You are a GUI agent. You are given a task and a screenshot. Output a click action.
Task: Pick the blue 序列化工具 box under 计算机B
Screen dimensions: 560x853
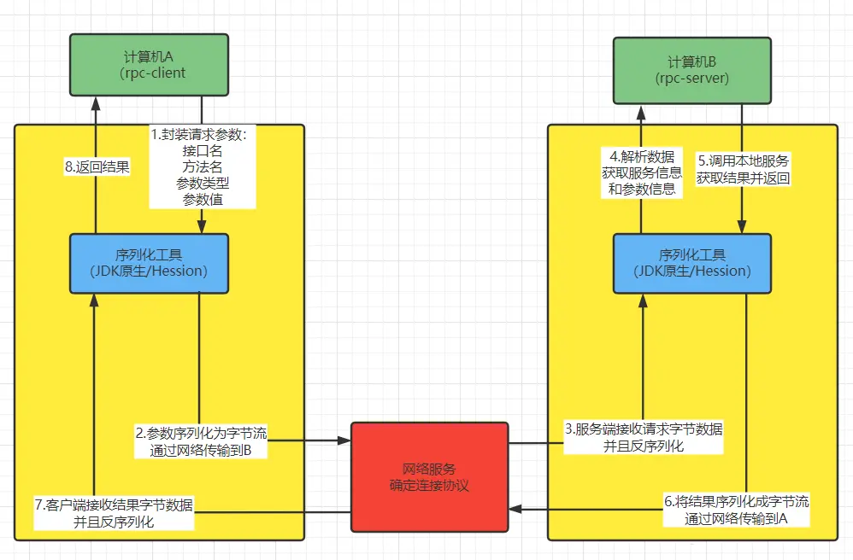[x=692, y=263]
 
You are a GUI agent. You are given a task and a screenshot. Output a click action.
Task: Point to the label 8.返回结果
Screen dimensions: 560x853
[x=97, y=167]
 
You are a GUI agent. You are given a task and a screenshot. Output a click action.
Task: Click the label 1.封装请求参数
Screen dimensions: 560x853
[x=199, y=134]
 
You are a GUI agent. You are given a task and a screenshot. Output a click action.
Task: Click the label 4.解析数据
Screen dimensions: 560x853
[x=642, y=156]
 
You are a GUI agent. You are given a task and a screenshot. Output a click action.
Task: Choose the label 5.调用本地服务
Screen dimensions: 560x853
[x=743, y=160]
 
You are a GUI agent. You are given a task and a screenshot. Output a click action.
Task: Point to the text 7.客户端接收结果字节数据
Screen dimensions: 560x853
[x=114, y=505]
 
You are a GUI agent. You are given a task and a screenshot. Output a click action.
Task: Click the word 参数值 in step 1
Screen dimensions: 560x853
[x=203, y=199]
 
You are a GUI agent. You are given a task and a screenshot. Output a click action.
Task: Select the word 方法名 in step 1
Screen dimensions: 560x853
[x=203, y=166]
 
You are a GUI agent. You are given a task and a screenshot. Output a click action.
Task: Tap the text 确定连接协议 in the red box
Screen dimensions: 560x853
[x=429, y=486]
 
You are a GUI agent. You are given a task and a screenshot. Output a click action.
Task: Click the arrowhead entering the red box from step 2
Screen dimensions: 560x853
[x=344, y=440]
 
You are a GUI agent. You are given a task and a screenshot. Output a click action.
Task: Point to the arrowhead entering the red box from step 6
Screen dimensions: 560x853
[x=514, y=509]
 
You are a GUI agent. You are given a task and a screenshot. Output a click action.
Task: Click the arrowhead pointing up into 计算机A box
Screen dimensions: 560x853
[x=96, y=100]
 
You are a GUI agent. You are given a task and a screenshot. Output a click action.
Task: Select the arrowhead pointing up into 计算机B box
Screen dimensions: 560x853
[x=642, y=107]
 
